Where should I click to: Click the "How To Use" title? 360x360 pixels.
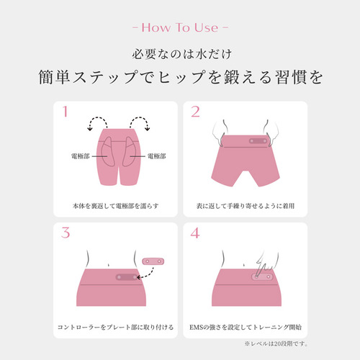(x=180, y=27)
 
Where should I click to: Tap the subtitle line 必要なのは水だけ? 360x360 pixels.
(x=181, y=54)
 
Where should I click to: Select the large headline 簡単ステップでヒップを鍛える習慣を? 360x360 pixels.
(x=181, y=77)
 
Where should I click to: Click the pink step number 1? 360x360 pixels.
(x=65, y=112)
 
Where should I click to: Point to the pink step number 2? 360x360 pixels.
(x=195, y=112)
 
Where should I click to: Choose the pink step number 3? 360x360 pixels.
(x=66, y=233)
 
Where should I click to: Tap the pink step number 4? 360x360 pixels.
(x=195, y=233)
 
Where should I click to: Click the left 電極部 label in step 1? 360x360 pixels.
(x=81, y=156)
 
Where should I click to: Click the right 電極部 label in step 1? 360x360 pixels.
(x=156, y=156)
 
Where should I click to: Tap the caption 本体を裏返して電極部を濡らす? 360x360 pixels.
(x=116, y=206)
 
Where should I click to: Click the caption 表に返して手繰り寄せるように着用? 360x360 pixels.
(x=246, y=206)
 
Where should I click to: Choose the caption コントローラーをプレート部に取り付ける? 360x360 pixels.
(x=115, y=327)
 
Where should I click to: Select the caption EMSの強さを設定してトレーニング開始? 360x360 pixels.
(x=246, y=327)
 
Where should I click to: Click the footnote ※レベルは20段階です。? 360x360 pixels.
(x=276, y=343)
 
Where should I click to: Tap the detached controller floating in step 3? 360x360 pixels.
(x=153, y=261)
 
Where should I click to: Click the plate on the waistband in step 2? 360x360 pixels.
(x=258, y=141)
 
